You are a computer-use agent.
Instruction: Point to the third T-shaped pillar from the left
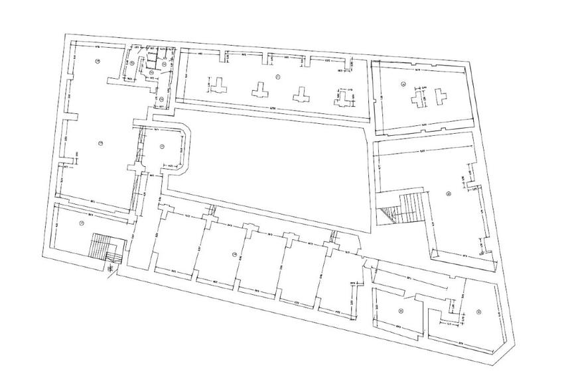303,93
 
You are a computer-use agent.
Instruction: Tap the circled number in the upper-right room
403,84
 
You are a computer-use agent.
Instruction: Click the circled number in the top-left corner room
98,61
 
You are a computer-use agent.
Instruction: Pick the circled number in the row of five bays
234,254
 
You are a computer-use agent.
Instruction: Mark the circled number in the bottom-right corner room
478,311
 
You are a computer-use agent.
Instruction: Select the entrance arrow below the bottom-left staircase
110,271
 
